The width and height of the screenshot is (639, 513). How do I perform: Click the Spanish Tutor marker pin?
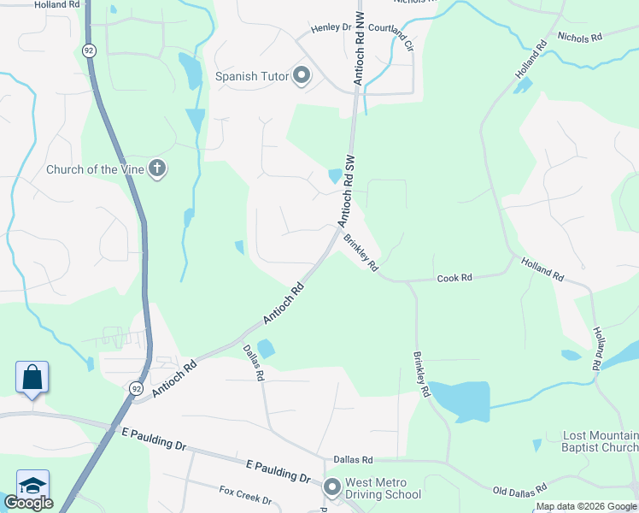[x=301, y=76]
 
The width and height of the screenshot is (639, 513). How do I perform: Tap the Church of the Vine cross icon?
[x=156, y=168]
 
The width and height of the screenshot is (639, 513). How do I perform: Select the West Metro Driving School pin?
[x=332, y=487]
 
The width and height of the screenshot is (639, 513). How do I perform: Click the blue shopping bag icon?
[x=32, y=377]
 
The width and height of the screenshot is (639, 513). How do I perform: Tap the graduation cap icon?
[x=32, y=484]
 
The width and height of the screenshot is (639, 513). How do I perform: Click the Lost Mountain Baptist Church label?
[x=600, y=441]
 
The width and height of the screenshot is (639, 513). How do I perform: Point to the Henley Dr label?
[x=331, y=28]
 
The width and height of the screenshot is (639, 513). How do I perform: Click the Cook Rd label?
[x=454, y=278]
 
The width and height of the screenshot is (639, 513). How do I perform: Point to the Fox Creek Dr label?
[x=244, y=495]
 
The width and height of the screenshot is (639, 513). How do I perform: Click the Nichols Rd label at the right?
[x=579, y=37]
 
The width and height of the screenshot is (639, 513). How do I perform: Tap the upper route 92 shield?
[x=90, y=50]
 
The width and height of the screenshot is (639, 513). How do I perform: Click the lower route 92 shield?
[x=137, y=388]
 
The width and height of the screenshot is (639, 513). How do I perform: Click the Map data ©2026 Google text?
[x=585, y=507]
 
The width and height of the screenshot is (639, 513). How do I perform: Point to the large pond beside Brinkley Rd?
[x=460, y=401]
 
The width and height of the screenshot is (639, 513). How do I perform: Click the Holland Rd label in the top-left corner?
[x=59, y=4]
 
